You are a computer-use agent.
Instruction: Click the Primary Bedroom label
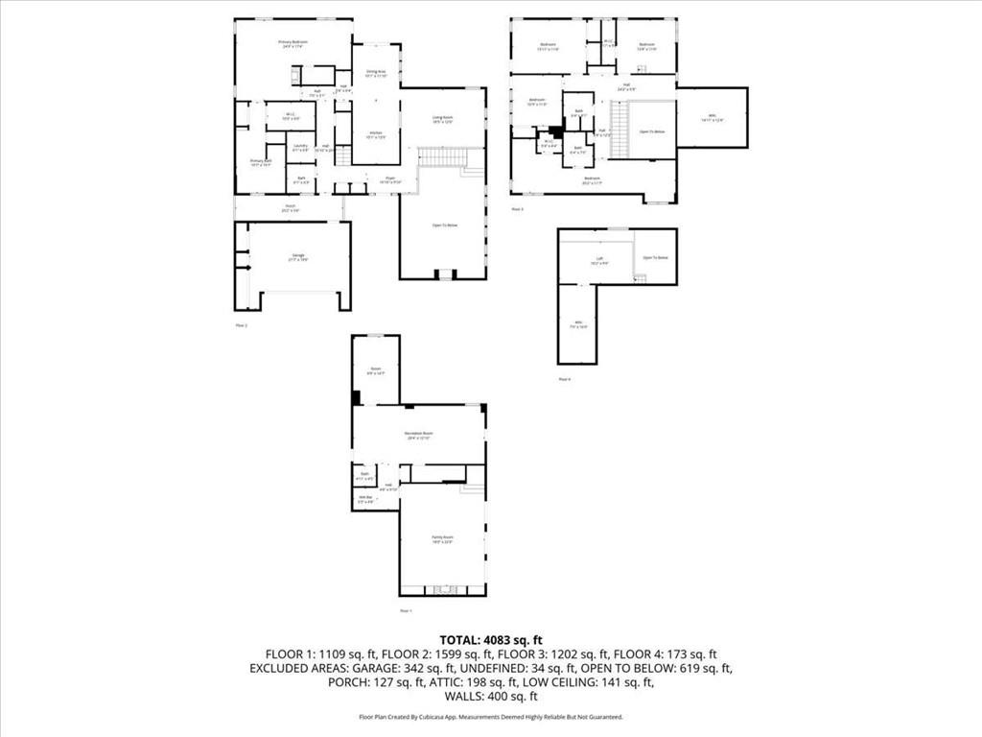(292, 43)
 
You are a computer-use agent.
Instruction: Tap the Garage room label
(298, 257)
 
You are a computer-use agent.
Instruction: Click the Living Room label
(442, 119)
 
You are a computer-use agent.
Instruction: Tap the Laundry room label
(301, 147)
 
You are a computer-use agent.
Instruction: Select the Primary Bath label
(261, 162)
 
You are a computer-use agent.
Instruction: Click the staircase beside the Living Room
(441, 156)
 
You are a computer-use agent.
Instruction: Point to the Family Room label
(441, 540)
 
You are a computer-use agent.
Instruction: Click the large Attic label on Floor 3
(711, 118)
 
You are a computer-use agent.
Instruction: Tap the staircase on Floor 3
(620, 122)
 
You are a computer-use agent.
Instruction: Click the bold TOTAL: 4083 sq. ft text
(491, 639)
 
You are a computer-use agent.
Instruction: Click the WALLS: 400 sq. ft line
(491, 697)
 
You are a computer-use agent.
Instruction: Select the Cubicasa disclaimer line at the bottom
(491, 717)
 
